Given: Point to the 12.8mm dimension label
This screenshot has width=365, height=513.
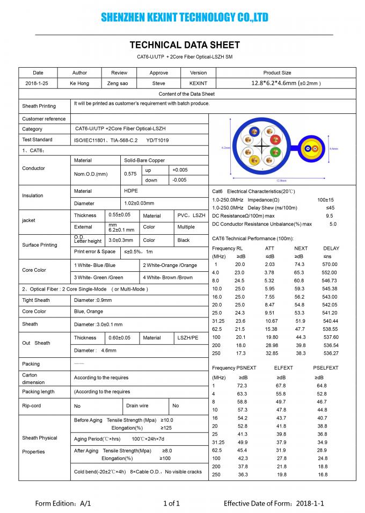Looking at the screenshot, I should [266, 180].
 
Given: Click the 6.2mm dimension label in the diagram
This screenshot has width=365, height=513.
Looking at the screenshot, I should [225, 147].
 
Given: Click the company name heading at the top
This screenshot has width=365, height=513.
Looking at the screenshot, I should [184, 18].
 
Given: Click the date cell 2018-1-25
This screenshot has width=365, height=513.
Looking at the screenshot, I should [37, 84].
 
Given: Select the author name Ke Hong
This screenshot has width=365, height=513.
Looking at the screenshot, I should [79, 84].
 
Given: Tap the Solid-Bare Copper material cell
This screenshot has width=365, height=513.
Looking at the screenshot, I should [144, 161].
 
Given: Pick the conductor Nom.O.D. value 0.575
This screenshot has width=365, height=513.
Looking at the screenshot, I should [130, 174].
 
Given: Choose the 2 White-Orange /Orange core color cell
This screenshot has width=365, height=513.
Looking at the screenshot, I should [170, 265].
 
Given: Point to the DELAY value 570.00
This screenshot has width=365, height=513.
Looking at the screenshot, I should [330, 264].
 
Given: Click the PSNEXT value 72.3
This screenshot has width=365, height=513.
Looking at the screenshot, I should [242, 386].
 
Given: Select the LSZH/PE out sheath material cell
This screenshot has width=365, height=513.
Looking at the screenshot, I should [188, 338].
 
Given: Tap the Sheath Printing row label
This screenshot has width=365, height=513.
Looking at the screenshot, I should [39, 106].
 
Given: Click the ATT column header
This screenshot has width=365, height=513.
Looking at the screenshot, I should [269, 249].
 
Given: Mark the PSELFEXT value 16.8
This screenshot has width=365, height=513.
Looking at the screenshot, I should [322, 475].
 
